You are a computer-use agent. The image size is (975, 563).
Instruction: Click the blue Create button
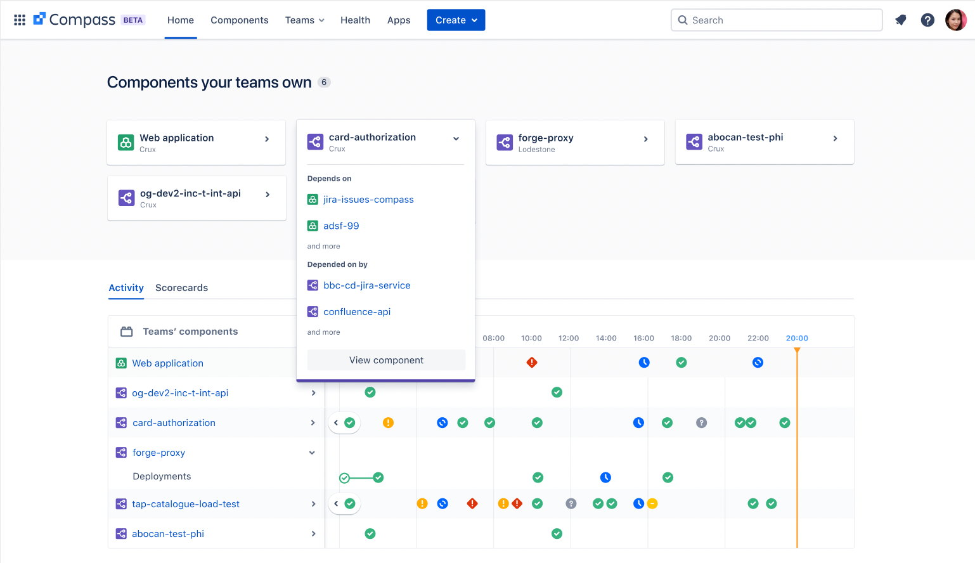[x=456, y=20]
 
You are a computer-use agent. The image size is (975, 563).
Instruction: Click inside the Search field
[x=777, y=20]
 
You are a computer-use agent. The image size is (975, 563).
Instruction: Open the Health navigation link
[x=355, y=20]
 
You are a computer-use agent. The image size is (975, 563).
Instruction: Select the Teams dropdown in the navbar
[x=304, y=20]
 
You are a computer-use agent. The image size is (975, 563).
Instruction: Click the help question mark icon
[x=927, y=20]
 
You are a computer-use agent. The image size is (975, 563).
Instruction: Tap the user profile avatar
[x=955, y=20]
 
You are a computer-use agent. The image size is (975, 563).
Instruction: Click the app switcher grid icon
[x=20, y=20]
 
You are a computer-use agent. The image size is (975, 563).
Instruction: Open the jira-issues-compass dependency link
[x=368, y=200]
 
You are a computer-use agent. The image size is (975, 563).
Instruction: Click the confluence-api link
[x=356, y=312]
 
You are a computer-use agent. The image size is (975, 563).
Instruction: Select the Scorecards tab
[x=181, y=288]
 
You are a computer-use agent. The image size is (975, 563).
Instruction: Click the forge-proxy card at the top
[x=574, y=143]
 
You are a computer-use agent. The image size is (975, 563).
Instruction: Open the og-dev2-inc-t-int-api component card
[x=197, y=198]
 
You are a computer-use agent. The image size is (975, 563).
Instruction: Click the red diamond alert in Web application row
[x=532, y=363]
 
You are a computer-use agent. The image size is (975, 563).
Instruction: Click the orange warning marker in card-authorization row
[x=388, y=423]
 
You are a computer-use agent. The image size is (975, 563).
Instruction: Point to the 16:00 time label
[x=643, y=339]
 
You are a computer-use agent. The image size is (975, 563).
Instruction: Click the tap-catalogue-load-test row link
[x=185, y=504]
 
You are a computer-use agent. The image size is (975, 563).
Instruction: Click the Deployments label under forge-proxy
[x=162, y=477]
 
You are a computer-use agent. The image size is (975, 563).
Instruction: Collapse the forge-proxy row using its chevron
[x=312, y=453]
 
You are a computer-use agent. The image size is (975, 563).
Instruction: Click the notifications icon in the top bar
[x=900, y=20]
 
